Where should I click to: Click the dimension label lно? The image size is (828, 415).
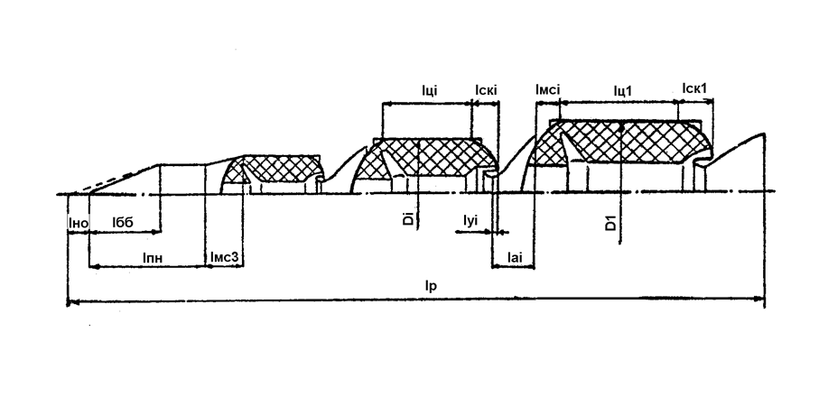point(79,222)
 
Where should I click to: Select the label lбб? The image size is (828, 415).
point(123,222)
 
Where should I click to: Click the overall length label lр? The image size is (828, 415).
point(431,286)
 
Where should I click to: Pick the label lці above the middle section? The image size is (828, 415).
point(429,90)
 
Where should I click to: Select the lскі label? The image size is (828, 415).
point(486,90)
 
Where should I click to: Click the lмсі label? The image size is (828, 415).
point(547,89)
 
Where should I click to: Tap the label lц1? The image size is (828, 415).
point(622,91)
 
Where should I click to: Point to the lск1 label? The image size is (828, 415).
point(693,88)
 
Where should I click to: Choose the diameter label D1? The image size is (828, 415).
point(610,222)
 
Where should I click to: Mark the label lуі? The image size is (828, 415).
point(470,220)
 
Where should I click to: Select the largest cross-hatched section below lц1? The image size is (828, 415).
point(622,143)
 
